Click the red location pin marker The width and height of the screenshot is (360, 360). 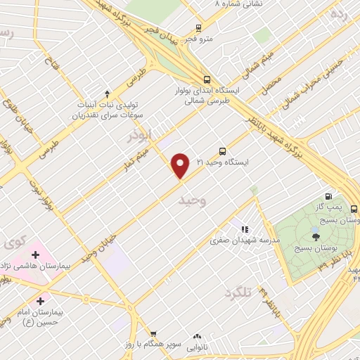pos(181,165)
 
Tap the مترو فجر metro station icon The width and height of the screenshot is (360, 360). pos(199,29)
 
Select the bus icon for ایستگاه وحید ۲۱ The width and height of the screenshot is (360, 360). pos(223,151)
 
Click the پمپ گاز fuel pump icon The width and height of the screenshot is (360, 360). pos(328,196)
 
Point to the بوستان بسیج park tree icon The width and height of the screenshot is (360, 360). pos(314,237)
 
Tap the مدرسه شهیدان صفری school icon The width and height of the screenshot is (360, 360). pos(245,229)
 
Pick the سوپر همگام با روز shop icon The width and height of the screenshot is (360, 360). pos(154,334)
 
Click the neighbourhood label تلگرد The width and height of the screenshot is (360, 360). pos(237,292)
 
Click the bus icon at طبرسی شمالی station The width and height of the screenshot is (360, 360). pos(206,79)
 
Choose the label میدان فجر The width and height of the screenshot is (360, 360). pos(164,39)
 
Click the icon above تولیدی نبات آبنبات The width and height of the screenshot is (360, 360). pos(106,93)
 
